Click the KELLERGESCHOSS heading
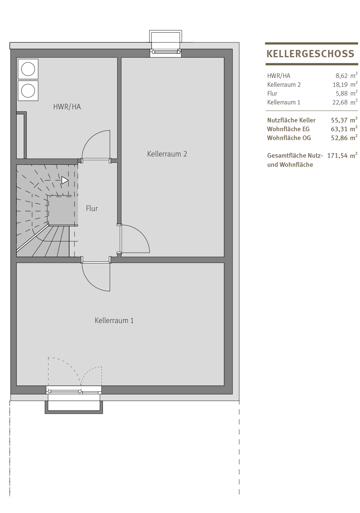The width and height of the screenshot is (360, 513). (310, 54)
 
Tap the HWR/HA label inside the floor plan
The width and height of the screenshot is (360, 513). (67, 107)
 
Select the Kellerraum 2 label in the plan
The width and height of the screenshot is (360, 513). (167, 154)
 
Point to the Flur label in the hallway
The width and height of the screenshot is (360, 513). (92, 209)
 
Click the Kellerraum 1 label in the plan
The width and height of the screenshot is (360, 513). (114, 320)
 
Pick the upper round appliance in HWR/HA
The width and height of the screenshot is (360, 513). (28, 69)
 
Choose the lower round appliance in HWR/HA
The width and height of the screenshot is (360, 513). (28, 91)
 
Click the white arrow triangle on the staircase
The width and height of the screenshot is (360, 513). (65, 180)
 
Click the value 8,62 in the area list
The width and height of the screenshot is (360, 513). (341, 76)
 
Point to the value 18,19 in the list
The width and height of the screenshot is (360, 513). (340, 85)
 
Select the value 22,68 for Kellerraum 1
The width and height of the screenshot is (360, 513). (340, 102)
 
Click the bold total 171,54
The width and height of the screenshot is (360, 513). (337, 156)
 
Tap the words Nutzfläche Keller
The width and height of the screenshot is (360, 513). (291, 120)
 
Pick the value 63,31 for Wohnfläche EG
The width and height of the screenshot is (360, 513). (339, 129)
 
